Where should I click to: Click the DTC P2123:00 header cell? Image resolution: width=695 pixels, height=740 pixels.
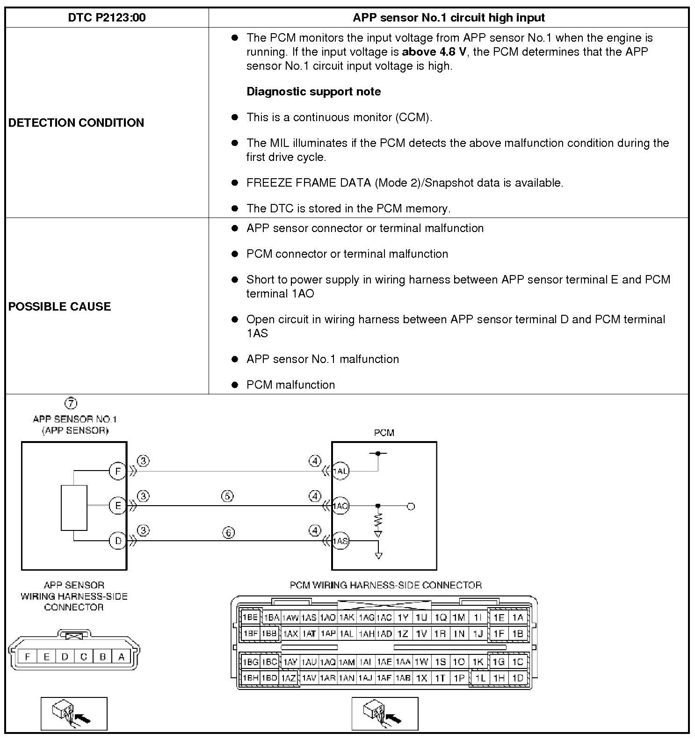(107, 18)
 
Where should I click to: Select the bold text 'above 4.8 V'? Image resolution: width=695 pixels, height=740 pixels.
(434, 51)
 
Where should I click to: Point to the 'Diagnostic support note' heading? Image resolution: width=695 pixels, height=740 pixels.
(313, 91)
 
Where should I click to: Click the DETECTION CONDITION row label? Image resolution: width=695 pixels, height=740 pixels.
(76, 123)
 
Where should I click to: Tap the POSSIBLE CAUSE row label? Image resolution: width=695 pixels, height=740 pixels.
(60, 306)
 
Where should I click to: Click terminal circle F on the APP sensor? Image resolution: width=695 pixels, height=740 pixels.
(118, 471)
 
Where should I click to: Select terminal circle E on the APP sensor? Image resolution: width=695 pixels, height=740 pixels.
(118, 506)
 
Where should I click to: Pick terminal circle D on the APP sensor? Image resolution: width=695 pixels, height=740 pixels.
(118, 541)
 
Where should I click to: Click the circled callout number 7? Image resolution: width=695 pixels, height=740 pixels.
(71, 403)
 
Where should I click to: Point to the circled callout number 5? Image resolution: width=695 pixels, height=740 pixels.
(227, 496)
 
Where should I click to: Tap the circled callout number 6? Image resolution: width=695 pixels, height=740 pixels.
(228, 532)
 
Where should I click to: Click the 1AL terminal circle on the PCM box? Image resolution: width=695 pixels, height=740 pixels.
(340, 471)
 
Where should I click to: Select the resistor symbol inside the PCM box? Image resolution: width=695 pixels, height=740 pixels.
(378, 520)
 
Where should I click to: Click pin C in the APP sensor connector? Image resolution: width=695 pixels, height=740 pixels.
(84, 657)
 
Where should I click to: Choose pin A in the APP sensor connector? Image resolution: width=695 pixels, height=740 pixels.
(121, 657)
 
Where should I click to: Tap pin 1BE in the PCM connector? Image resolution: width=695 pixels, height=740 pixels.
(250, 617)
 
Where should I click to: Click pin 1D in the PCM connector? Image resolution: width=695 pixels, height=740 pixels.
(518, 678)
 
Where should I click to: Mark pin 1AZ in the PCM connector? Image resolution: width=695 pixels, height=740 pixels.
(289, 678)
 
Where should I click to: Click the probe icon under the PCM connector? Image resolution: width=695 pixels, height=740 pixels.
(385, 713)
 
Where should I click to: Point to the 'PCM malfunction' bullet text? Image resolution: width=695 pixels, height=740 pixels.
(291, 385)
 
